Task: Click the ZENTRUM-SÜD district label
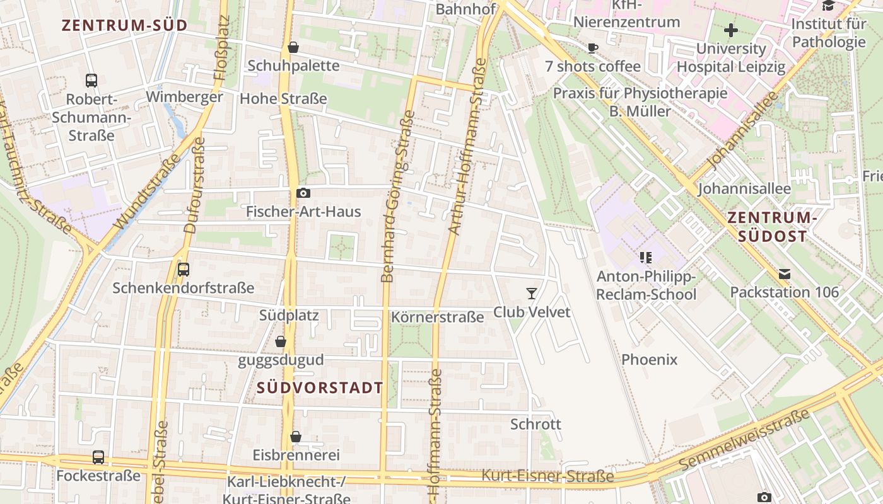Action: pos(125,25)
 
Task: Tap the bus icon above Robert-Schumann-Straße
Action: pos(91,81)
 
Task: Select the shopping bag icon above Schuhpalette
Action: pos(293,47)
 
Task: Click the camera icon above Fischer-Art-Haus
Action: pos(303,193)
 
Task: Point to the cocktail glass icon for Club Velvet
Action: pos(532,293)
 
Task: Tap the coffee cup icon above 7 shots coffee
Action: pos(592,48)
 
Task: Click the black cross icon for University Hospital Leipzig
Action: pos(730,30)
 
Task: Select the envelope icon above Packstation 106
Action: pos(785,274)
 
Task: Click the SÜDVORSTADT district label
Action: pos(320,387)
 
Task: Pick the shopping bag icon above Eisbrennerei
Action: pos(296,437)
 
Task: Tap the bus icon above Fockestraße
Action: pos(98,457)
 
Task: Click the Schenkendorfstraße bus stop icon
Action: pos(184,270)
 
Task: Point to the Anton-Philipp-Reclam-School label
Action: pos(646,285)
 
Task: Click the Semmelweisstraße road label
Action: pos(745,439)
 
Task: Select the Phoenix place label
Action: pos(650,360)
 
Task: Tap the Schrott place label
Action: pos(535,424)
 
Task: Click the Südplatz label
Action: pos(289,315)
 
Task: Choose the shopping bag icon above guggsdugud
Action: pos(281,342)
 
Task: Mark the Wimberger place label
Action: pos(184,97)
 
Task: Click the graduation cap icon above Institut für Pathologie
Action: pos(828,6)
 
